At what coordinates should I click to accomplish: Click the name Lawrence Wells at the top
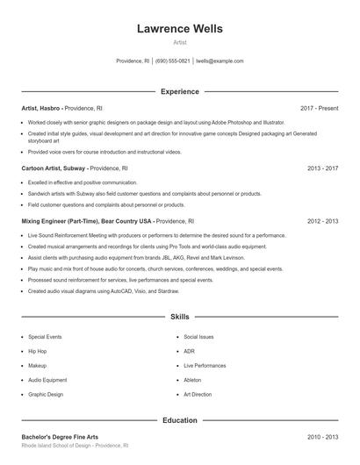click(180, 29)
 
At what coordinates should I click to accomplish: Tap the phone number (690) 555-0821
click(173, 61)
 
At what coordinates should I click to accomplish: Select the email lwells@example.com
click(220, 61)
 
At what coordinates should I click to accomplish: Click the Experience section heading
click(180, 91)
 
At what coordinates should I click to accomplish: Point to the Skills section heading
click(180, 316)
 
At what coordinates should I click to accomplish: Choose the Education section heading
click(180, 420)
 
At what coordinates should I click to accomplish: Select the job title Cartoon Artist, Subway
click(54, 167)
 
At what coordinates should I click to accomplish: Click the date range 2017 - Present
click(319, 108)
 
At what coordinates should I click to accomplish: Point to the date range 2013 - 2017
click(322, 167)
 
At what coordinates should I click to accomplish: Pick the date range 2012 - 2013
click(322, 221)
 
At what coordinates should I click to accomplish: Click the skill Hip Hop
click(37, 351)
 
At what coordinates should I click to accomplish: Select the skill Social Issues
click(198, 337)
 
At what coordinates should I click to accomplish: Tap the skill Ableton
click(192, 380)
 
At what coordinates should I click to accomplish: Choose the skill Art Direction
click(198, 395)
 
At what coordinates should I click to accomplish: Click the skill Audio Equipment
click(47, 380)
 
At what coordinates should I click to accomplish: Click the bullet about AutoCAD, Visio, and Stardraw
click(97, 290)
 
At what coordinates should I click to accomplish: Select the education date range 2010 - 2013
click(322, 436)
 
